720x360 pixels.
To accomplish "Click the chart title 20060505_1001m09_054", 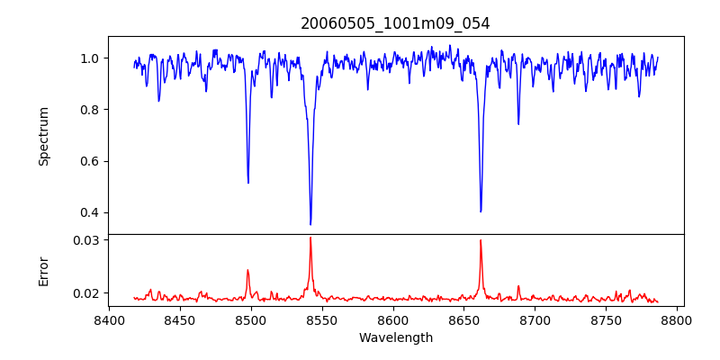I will (395, 23).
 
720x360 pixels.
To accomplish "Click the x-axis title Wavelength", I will (395, 338).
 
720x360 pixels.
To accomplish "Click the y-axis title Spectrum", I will (44, 136).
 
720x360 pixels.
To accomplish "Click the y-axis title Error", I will (44, 271).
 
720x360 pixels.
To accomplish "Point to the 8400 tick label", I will (109, 319).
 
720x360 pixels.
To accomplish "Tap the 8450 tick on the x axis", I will (180, 319).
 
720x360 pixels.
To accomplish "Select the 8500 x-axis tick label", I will (251, 319).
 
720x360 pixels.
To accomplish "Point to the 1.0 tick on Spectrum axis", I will (90, 58).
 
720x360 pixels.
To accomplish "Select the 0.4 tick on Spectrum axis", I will (90, 213).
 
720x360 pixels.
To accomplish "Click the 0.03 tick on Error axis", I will (86, 240).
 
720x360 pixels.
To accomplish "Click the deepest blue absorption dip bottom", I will (310, 224).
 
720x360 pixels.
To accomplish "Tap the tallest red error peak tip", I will (310, 238).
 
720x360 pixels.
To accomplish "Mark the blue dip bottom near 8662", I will (481, 211).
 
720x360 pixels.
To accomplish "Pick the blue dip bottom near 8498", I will (248, 183).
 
